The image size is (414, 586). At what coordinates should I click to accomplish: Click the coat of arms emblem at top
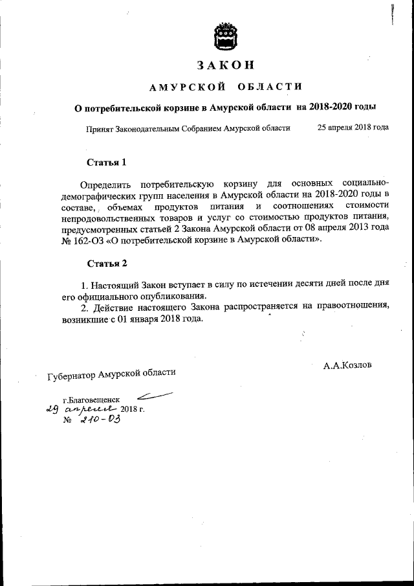point(226,36)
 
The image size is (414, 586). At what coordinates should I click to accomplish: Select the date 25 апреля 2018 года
point(353,128)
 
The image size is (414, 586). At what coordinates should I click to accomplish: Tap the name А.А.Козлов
point(347,365)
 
